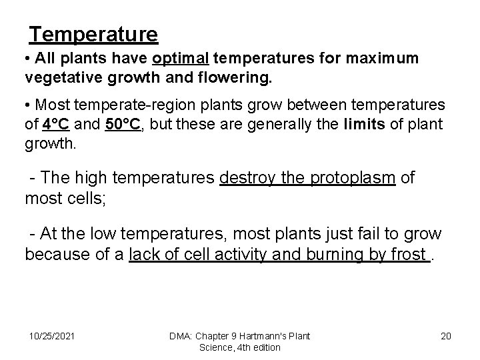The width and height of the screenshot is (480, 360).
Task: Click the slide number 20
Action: pos(445,335)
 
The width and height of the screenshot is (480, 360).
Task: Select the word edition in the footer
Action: pos(265,347)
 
